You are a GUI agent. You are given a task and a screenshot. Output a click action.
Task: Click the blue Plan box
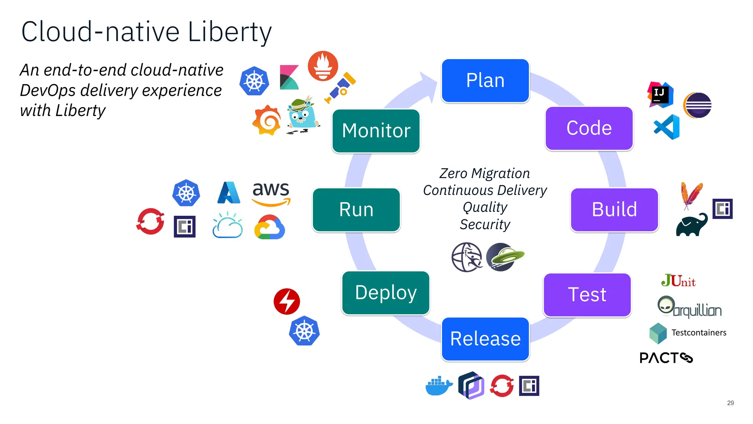[x=485, y=81]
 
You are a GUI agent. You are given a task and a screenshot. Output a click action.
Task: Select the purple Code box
[x=589, y=128]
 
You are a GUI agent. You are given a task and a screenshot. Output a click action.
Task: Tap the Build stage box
[x=614, y=210]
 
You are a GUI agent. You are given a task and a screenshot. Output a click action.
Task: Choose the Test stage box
[x=587, y=295]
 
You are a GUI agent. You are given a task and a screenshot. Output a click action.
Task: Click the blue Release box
[x=485, y=339]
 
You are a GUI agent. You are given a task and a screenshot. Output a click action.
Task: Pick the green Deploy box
[x=386, y=293]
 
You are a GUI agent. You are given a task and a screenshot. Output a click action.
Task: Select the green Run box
[x=356, y=210]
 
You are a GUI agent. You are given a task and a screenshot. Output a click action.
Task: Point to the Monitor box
[x=376, y=131]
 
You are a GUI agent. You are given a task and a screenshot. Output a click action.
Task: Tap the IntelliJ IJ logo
[x=660, y=95]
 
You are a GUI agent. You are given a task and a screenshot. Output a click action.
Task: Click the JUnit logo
[x=678, y=281]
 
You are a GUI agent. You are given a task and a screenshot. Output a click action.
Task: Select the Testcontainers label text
[x=699, y=333]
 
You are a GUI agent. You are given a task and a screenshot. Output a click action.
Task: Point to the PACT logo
[x=666, y=358]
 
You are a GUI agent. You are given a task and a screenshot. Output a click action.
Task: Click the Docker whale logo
[x=439, y=386]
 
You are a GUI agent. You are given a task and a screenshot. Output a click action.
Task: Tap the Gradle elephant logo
[x=692, y=225]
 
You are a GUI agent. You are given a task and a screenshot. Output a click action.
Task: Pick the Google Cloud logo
[x=270, y=227]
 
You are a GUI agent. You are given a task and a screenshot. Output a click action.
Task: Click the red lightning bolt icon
[x=287, y=301]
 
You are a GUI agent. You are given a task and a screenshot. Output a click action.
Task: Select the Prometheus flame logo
[x=323, y=66]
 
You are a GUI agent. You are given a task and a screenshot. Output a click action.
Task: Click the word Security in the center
[x=485, y=224]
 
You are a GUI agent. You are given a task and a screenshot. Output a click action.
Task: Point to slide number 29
[x=730, y=403]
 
